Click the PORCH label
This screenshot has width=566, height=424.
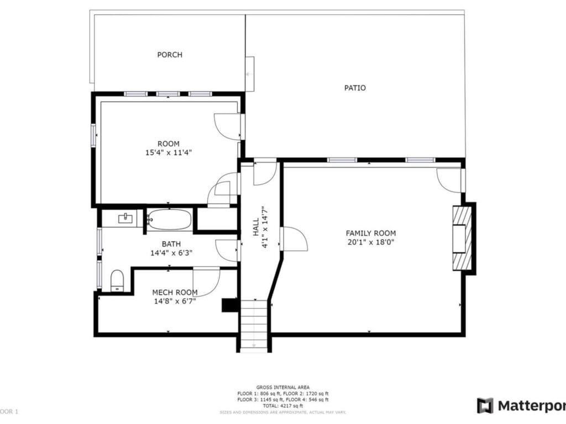(x=170, y=55)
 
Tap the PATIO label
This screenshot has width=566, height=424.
(x=355, y=88)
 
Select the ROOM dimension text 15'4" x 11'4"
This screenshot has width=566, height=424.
(x=168, y=152)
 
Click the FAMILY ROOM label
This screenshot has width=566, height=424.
(x=371, y=233)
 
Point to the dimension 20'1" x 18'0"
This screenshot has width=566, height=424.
(x=371, y=242)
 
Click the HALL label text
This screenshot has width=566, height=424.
(x=256, y=226)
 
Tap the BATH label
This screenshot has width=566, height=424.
(x=171, y=244)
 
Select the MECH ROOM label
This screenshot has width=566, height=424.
(x=175, y=292)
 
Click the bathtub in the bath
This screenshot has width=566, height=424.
(x=170, y=220)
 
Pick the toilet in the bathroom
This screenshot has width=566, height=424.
(x=117, y=280)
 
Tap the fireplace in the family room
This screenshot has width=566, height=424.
(x=462, y=237)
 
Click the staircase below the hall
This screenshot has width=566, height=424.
(x=254, y=325)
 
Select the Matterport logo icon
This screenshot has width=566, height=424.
(x=485, y=405)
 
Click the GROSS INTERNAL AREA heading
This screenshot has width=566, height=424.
(x=282, y=387)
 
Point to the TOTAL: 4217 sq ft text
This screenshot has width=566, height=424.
(x=282, y=406)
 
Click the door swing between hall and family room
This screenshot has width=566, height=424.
(x=294, y=239)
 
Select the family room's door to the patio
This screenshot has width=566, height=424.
(x=450, y=180)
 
